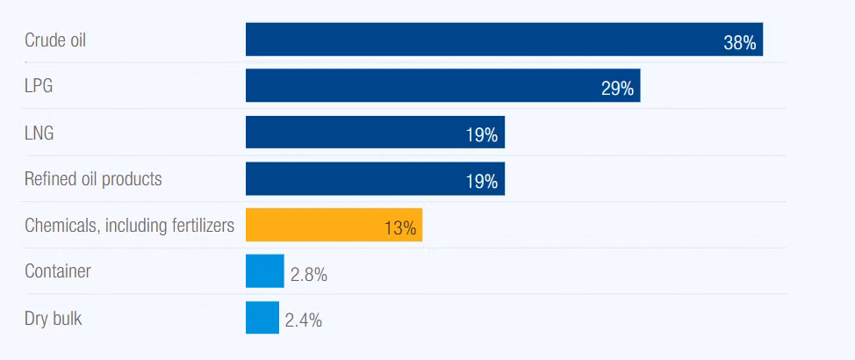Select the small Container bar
coord(265,271)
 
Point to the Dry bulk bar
coord(262,318)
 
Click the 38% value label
coord(739,43)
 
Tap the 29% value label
coord(617,90)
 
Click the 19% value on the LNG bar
coord(482,135)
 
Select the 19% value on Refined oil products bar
coord(482,182)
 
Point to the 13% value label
coord(399,228)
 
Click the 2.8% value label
coord(309,275)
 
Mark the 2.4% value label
coord(304,321)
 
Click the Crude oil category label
coord(55,40)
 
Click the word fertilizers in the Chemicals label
coord(200,226)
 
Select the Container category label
coord(58,271)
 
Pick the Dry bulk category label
coord(54,318)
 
